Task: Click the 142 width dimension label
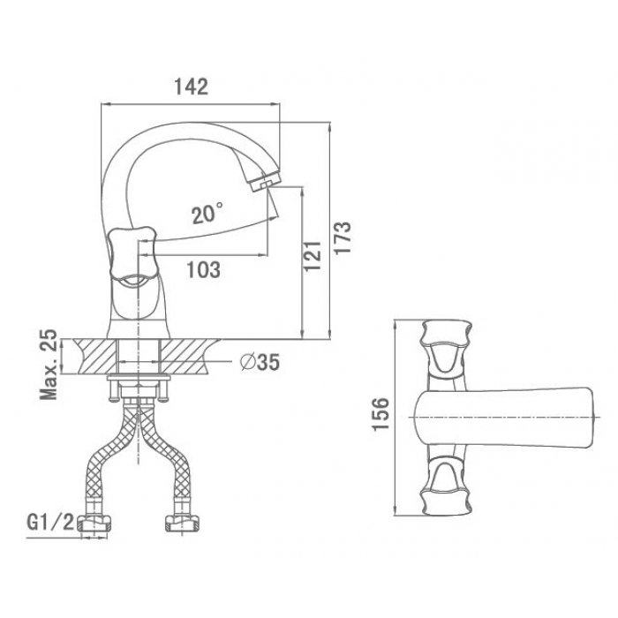192,87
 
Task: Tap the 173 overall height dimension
343,239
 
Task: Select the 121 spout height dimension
313,255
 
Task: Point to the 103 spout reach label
203,269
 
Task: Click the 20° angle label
207,214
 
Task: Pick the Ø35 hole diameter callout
260,362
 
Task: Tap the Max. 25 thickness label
49,365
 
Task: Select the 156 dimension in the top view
381,414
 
